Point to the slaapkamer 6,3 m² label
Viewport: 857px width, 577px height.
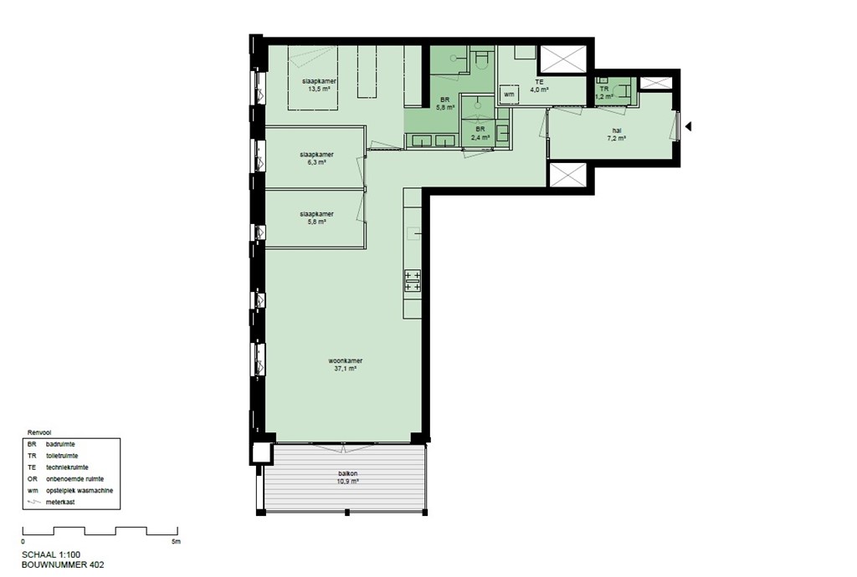(316, 159)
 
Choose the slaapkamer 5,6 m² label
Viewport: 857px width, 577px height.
(316, 217)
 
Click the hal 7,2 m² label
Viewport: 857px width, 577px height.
(617, 134)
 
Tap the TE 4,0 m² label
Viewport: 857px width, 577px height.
(540, 85)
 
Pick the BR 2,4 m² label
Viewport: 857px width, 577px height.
(480, 133)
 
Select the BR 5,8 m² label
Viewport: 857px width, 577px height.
(445, 104)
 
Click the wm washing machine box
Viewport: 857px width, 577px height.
(508, 95)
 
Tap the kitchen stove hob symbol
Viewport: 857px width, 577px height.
(412, 280)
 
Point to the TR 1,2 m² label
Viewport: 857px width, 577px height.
(603, 92)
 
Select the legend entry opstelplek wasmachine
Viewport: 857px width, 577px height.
(80, 491)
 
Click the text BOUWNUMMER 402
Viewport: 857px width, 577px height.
(64, 565)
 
